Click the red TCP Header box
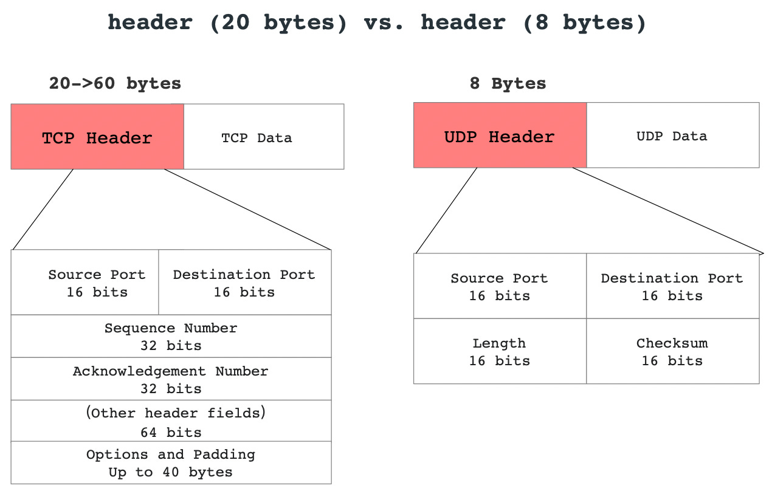pos(97,137)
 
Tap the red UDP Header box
pos(500,136)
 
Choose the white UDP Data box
pos(672,136)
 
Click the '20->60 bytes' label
pos(115,83)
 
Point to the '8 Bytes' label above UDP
pos(508,83)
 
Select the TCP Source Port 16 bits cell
pos(85,283)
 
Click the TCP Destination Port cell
pos(244,283)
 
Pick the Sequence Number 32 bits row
pos(171,337)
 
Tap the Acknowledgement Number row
pos(171,379)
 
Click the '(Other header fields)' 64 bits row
pos(171,422)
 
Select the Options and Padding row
pos(171,463)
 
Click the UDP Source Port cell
pos(500,286)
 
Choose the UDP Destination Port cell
pos(672,286)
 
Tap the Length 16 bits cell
pos(500,351)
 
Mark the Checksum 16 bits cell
pos(672,351)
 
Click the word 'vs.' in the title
pos(384,23)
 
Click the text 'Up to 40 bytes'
pos(171,472)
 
